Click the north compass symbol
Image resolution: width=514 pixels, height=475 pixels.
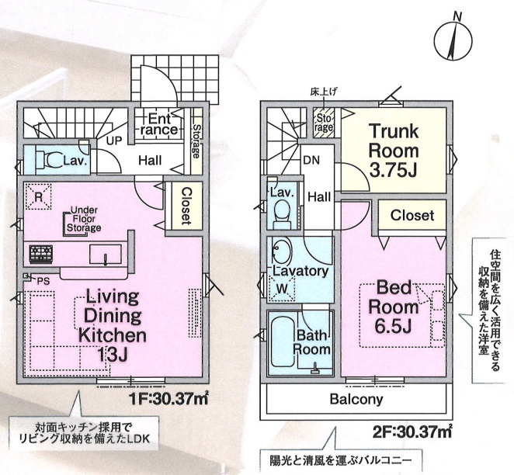coord(453,40)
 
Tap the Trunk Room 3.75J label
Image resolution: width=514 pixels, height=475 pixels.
coord(394,151)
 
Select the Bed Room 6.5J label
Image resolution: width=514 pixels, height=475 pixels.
coord(394,307)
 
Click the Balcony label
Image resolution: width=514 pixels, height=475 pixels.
coord(356,399)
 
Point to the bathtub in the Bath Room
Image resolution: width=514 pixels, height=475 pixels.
coord(282,342)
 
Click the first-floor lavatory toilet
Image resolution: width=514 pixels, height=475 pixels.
coord(48,161)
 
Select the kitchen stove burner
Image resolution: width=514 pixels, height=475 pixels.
coord(40,255)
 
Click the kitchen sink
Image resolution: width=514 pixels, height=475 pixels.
coord(106,254)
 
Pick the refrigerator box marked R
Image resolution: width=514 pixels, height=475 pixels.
coord(38,196)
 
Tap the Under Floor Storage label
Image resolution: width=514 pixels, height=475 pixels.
coord(84,219)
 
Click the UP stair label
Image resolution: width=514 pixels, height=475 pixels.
coord(114,140)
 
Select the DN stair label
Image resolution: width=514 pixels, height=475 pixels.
coord(312,160)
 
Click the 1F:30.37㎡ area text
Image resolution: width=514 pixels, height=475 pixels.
coord(168,399)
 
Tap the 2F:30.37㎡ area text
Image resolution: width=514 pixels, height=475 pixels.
coord(412,432)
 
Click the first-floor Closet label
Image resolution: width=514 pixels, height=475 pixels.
coord(186,206)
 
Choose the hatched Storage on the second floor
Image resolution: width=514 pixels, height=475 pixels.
coord(324,122)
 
